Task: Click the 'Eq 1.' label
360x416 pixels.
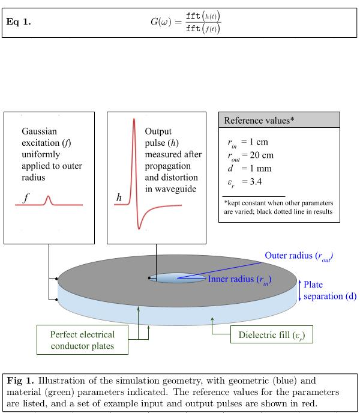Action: (x=19, y=22)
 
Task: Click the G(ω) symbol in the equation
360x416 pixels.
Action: (x=161, y=22)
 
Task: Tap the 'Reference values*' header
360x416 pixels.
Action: (x=259, y=121)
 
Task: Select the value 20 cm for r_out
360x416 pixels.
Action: (x=262, y=155)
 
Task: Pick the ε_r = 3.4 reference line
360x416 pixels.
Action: (x=245, y=182)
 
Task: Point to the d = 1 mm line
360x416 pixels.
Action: (x=250, y=169)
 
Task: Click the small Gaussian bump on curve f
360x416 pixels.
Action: (x=48, y=200)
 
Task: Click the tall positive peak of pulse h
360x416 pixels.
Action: (x=134, y=121)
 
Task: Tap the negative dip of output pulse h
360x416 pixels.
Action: (x=139, y=226)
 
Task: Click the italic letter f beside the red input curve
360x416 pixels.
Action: (x=26, y=197)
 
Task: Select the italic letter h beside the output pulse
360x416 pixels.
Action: (x=119, y=197)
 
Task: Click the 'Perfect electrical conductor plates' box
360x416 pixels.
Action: (x=82, y=340)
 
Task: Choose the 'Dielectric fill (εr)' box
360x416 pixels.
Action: (x=272, y=334)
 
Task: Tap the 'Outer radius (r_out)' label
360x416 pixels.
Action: (x=299, y=256)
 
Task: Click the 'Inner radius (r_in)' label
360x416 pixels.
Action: (x=239, y=280)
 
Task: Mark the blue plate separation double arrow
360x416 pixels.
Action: (x=300, y=291)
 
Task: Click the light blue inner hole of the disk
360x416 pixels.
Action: (x=178, y=278)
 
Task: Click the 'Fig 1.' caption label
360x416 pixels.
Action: (x=20, y=381)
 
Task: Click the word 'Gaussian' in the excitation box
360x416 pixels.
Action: (x=39, y=131)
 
